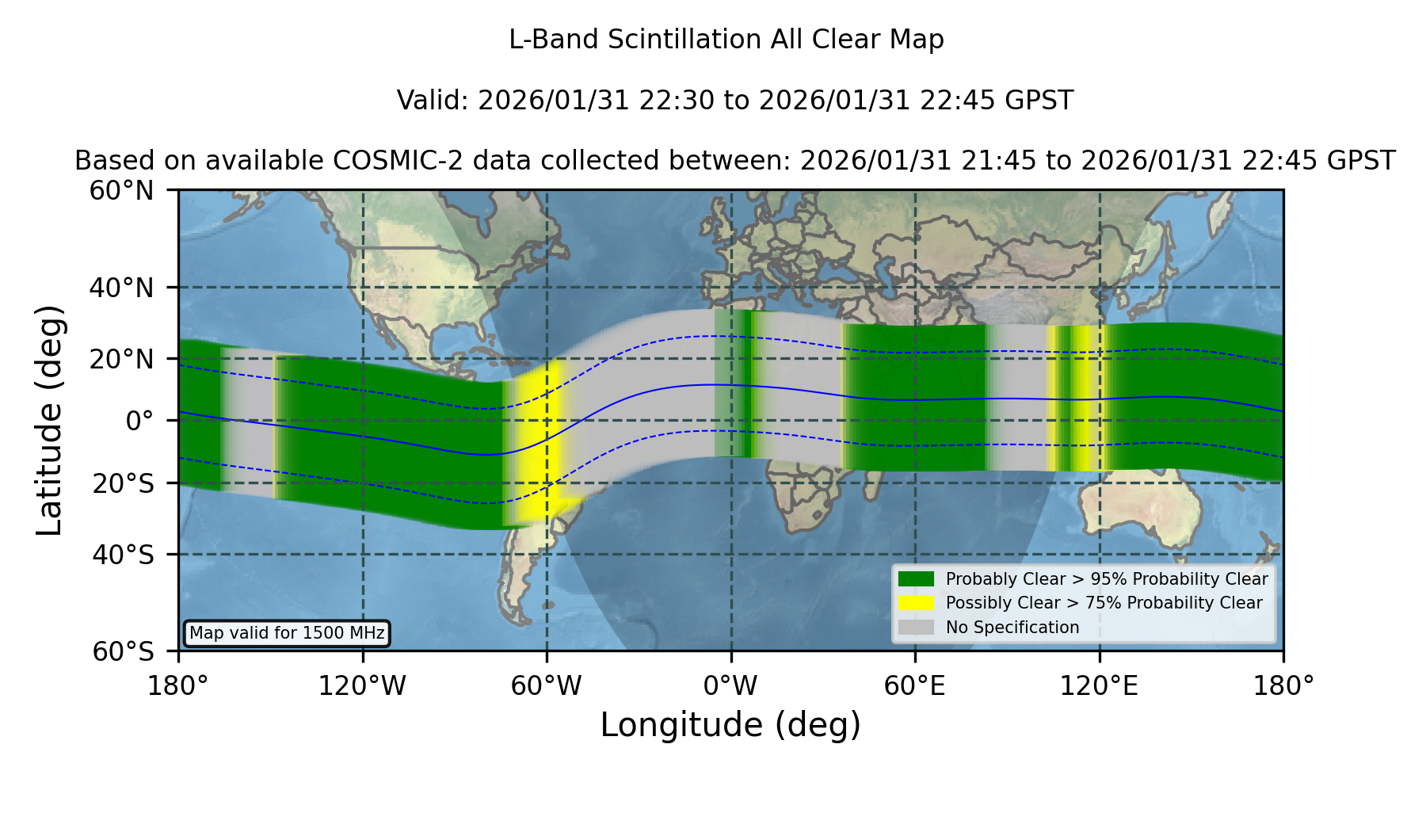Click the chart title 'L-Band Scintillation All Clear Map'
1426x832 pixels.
pos(726,40)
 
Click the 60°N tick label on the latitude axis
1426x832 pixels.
pos(121,191)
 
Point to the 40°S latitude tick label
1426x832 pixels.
pos(123,555)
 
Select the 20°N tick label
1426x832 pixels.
pos(121,359)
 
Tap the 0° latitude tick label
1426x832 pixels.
pos(140,421)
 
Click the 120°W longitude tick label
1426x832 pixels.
pos(362,685)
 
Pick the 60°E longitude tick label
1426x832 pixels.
pos(915,685)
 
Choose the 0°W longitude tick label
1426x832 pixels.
pos(730,685)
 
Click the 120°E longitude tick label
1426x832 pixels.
pos(1099,685)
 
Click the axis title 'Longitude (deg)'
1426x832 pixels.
pos(730,725)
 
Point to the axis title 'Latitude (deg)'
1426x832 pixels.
pos(49,420)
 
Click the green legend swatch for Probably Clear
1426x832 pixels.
pos(917,579)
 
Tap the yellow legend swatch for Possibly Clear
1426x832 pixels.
pos(917,603)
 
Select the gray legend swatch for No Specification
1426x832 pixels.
pos(917,628)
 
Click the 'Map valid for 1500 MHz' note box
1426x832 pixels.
pos(287,633)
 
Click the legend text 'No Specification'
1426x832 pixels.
pos(1012,628)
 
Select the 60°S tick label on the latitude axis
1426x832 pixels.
pos(123,651)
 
